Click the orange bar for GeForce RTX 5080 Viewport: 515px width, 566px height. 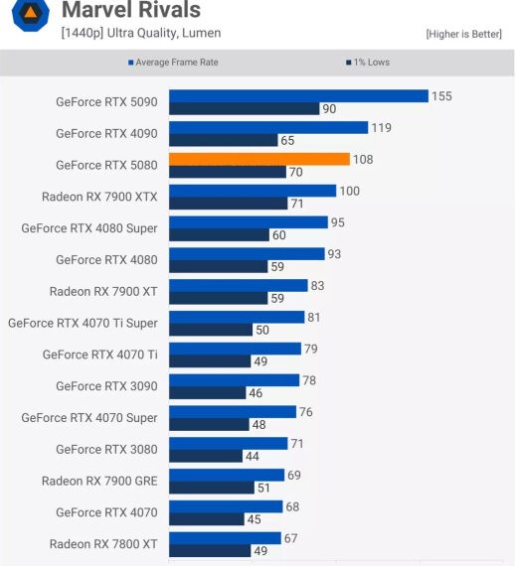[x=258, y=159]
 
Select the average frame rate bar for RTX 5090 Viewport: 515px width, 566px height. [x=298, y=95]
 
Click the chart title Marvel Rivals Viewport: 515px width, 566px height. [x=130, y=11]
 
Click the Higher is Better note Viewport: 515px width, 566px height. [x=462, y=34]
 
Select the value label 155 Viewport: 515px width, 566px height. [x=442, y=96]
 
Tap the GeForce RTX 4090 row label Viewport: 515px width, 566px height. [x=106, y=133]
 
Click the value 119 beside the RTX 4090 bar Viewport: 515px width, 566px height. [x=381, y=128]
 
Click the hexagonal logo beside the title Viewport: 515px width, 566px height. [x=31, y=15]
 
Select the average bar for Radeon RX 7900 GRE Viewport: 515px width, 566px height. [x=227, y=476]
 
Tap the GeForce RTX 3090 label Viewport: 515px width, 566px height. [x=106, y=385]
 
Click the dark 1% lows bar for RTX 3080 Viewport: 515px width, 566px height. [x=206, y=457]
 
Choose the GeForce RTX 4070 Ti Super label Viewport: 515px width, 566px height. [x=83, y=322]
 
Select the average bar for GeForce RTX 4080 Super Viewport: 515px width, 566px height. [x=249, y=222]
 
